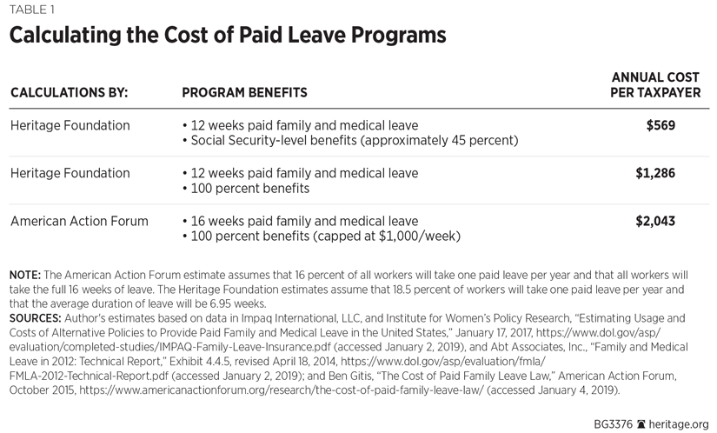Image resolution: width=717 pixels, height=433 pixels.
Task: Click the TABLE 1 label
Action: (x=30, y=10)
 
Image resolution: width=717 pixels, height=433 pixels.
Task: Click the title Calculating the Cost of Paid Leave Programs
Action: (x=228, y=36)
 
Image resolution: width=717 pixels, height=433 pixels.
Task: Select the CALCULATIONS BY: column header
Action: (x=70, y=92)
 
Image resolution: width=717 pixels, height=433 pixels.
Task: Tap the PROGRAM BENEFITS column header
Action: (x=244, y=92)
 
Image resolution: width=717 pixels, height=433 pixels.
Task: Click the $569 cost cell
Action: (x=660, y=125)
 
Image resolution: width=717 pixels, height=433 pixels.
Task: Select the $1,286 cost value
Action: (x=655, y=173)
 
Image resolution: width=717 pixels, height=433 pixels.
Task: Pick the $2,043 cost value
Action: (x=655, y=222)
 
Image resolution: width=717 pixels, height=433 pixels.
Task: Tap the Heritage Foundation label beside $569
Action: (x=69, y=125)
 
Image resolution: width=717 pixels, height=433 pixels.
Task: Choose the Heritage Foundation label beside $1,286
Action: (x=69, y=173)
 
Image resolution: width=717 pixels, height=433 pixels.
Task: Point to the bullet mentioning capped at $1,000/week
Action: (x=322, y=236)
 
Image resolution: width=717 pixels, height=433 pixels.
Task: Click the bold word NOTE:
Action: (x=25, y=275)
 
